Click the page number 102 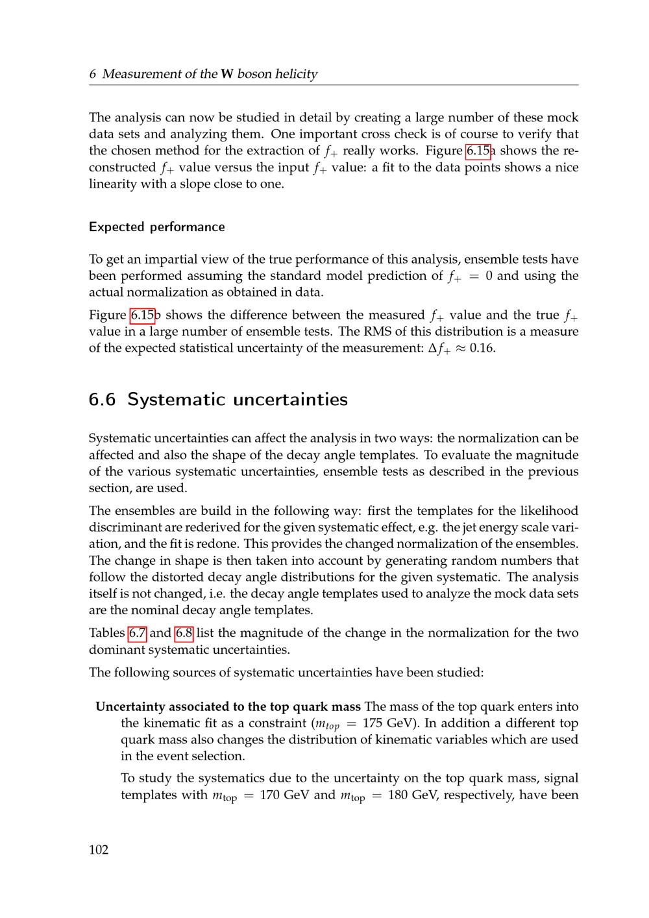pos(99,850)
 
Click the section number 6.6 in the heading pos(102,399)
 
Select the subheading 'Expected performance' pos(156,227)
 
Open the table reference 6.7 pos(137,633)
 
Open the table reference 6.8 pos(184,633)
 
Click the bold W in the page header pos(227,74)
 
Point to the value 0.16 pos(482,348)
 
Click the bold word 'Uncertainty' pos(132,706)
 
